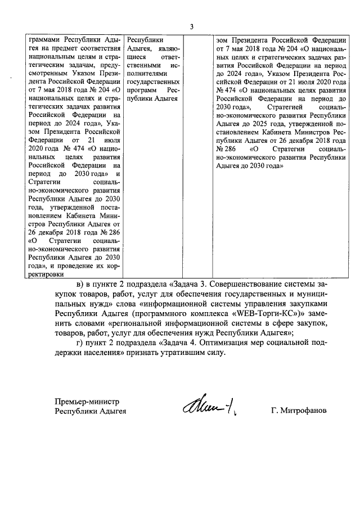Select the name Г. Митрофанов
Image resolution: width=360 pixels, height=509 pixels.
pos(298,411)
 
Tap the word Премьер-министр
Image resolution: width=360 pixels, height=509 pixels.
pos(87,402)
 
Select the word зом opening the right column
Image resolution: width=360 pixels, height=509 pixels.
pos(223,40)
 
